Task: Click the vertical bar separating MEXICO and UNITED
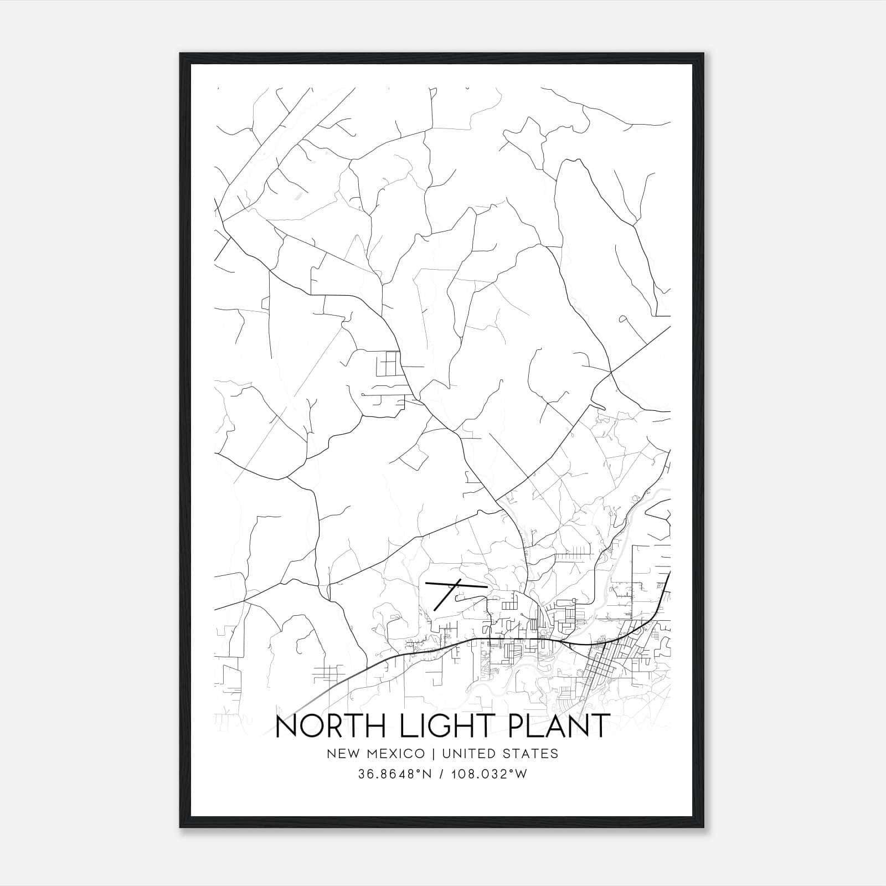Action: pyautogui.click(x=431, y=754)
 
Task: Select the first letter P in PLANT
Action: pyautogui.click(x=519, y=726)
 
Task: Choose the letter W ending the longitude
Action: pyautogui.click(x=521, y=774)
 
